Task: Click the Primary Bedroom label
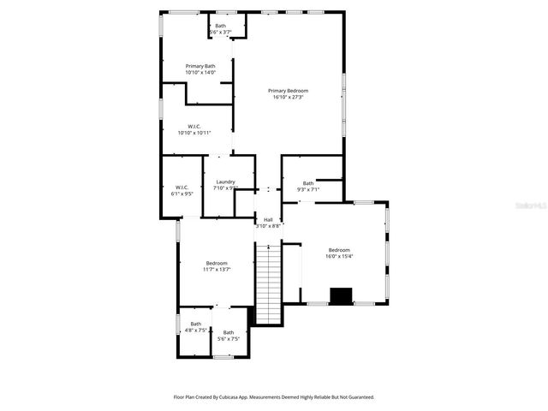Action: point(288,91)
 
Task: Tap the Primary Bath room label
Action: point(200,66)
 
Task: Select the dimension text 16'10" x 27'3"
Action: point(288,98)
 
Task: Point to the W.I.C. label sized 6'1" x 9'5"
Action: point(182,188)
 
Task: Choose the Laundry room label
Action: point(225,182)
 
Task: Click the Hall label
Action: point(268,219)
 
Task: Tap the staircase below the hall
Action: point(269,283)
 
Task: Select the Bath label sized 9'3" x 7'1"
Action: point(307,182)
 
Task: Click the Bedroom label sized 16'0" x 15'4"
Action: point(339,249)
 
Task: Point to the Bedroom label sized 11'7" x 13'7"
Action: point(217,263)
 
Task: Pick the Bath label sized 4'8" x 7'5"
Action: point(196,324)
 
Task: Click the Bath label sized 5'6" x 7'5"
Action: point(229,332)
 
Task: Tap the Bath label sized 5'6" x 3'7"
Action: point(221,26)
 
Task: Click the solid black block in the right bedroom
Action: point(342,296)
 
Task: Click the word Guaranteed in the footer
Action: point(357,397)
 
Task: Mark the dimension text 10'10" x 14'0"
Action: point(200,73)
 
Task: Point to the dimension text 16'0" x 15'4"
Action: point(339,256)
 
